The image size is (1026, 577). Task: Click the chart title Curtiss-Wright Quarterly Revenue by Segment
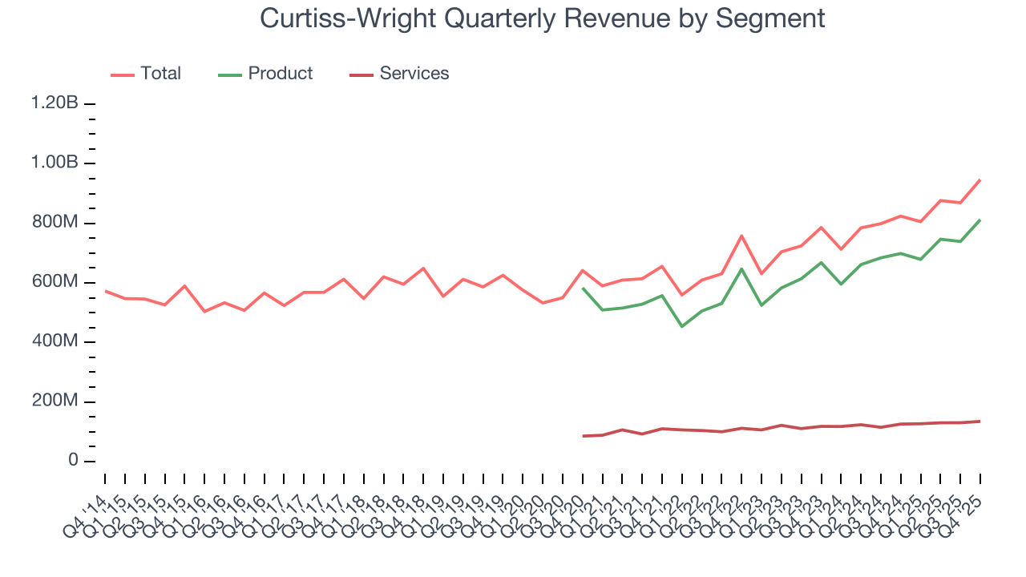[x=543, y=18]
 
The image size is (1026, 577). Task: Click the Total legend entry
[x=160, y=74]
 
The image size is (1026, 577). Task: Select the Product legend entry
[x=280, y=74]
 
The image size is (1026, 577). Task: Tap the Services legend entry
[x=414, y=74]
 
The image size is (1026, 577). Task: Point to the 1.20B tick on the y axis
[x=55, y=103]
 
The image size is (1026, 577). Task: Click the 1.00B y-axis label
[x=55, y=163]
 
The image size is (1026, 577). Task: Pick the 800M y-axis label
[x=55, y=223]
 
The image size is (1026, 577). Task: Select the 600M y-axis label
[x=55, y=282]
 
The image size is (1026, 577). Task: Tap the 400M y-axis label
[x=55, y=342]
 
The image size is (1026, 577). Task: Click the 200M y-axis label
[x=55, y=401]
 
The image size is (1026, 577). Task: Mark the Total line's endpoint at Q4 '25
[x=980, y=180]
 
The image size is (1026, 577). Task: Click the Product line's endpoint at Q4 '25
[x=980, y=220]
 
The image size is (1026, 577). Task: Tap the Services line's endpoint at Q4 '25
[x=980, y=422]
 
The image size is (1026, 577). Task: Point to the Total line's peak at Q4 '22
[x=741, y=236]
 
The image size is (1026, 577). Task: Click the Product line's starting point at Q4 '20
[x=583, y=288]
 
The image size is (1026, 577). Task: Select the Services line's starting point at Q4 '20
[x=583, y=436]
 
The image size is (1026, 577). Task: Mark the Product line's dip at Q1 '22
[x=682, y=326]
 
